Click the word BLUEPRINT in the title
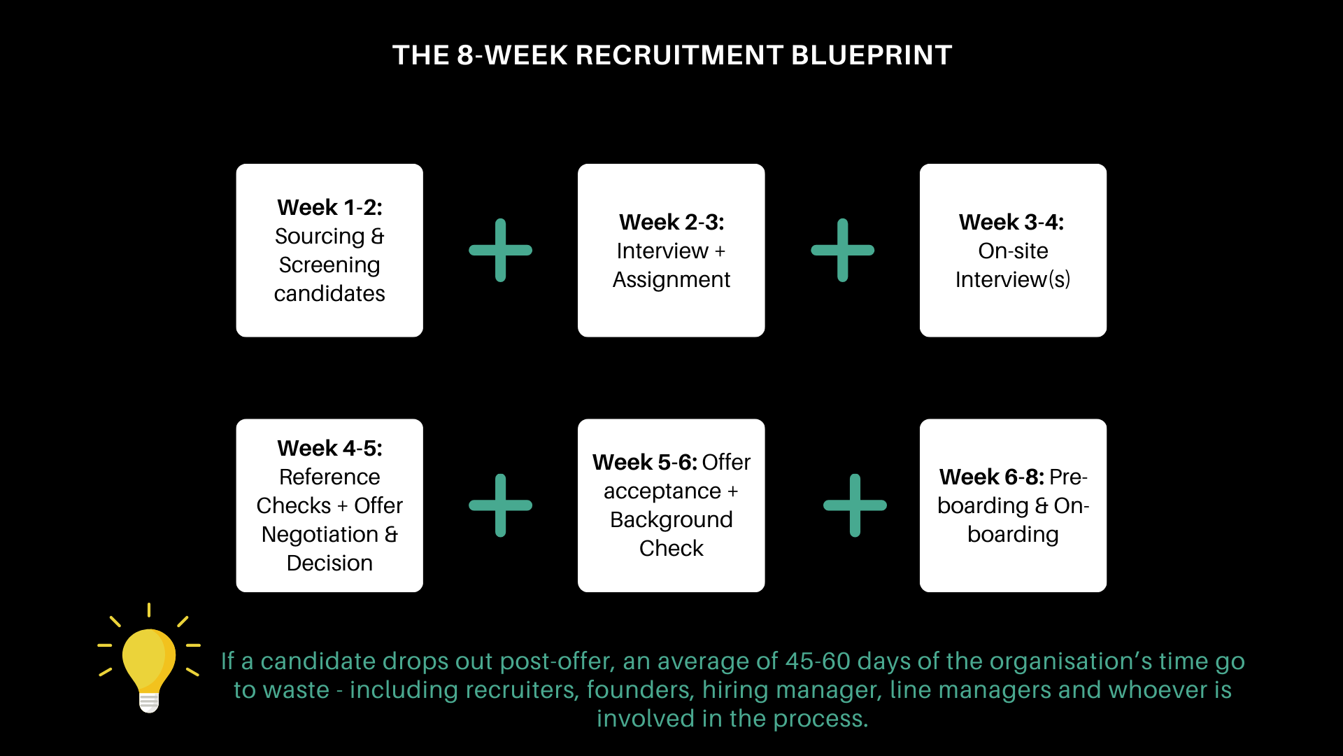[x=872, y=55]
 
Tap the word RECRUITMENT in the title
[x=678, y=55]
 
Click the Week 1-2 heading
[x=329, y=208]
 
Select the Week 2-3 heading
[x=671, y=223]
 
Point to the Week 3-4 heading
[x=1011, y=223]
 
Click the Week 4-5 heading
[x=329, y=449]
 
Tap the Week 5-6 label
[x=644, y=463]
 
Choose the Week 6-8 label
[x=991, y=477]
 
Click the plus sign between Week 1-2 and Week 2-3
[x=501, y=251]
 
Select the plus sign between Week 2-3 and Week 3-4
[x=843, y=251]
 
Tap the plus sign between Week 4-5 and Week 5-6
[x=501, y=505]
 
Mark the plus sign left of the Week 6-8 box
[x=855, y=505]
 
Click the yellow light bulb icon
[x=149, y=665]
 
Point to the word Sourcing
[x=320, y=237]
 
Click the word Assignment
[x=671, y=280]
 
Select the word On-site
[x=1013, y=251]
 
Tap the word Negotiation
[x=320, y=535]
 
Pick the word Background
[x=671, y=520]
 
